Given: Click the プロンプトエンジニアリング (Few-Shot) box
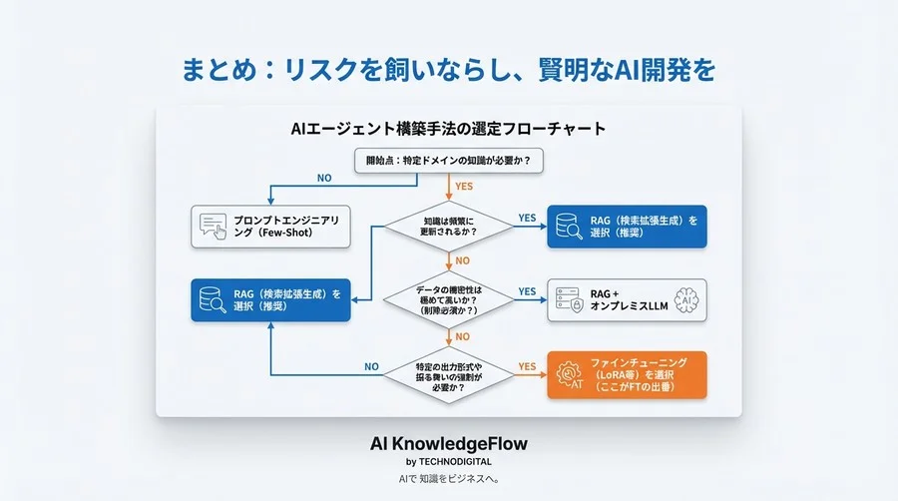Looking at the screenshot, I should [271, 226].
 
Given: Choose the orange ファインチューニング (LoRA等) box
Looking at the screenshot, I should [627, 375].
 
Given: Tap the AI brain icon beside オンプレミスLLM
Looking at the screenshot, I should [685, 299].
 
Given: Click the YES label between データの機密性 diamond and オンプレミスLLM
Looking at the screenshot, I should [527, 291].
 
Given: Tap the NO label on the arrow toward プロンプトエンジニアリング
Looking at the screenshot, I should [324, 179].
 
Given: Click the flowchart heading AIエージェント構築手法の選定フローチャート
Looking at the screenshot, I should [448, 129].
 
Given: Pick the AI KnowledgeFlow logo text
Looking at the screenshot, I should [448, 442].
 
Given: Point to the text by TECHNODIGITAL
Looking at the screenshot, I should [448, 462].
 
